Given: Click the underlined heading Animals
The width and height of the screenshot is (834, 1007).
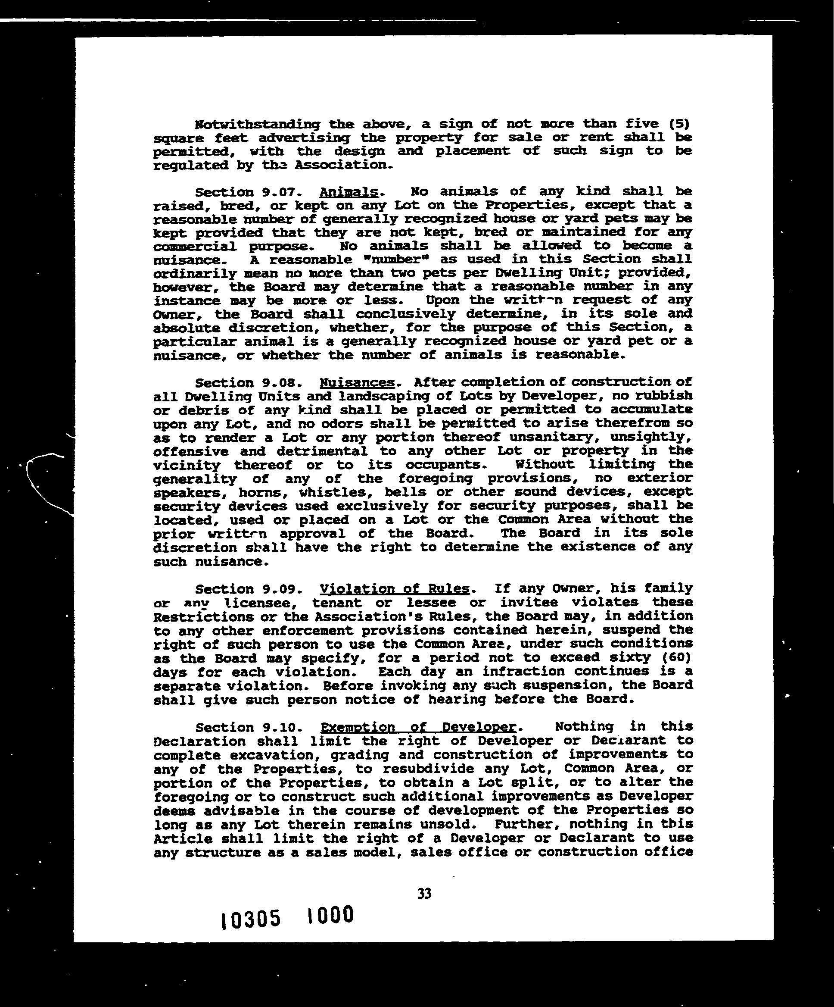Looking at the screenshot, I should click(x=349, y=192).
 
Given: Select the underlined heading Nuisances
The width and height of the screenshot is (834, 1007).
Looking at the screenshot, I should click(x=357, y=383).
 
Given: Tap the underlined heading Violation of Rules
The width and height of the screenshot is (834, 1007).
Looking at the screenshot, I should click(x=395, y=589).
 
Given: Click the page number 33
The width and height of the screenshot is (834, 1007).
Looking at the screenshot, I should click(x=425, y=894).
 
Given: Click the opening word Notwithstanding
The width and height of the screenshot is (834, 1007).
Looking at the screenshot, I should click(x=257, y=124).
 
